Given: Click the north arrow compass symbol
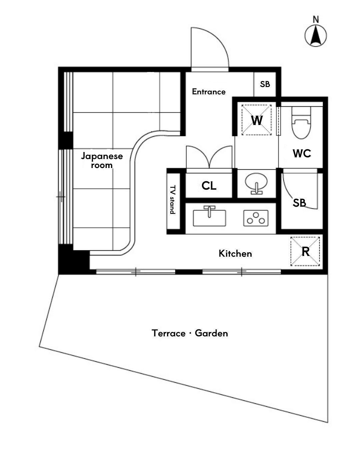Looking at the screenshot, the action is tap(315, 36).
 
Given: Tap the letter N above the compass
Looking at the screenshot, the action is tap(316, 19).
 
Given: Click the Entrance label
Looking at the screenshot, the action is tap(209, 92).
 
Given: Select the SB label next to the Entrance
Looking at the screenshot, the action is tap(265, 84).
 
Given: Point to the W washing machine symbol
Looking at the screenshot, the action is tap(256, 120).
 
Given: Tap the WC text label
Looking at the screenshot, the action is tap(302, 153).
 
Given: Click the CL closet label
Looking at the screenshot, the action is tap(209, 185).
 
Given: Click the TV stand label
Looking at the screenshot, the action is tap(172, 199).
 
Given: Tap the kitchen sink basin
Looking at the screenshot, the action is tap(209, 218).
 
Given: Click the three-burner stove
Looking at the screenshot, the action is tap(256, 218).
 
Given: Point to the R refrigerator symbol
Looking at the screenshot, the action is tap(305, 251).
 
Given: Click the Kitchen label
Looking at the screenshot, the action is tap(235, 253).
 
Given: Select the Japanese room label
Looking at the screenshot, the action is tap(102, 161).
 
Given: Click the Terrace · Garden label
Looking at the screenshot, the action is tap(190, 333).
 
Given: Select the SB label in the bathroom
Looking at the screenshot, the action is tap(299, 203).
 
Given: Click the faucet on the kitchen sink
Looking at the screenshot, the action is tap(209, 211).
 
